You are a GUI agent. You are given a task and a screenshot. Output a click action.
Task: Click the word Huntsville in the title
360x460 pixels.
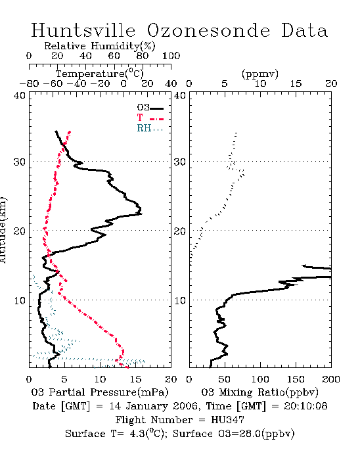pos(83,30)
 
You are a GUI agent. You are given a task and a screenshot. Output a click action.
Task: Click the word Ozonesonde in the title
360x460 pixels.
pos(208,30)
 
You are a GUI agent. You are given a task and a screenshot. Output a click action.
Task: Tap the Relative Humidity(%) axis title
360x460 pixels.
pos(99,46)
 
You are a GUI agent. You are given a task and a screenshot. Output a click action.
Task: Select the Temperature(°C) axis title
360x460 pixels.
pos(100,74)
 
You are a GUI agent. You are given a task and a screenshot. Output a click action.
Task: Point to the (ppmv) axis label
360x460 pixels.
pos(259,74)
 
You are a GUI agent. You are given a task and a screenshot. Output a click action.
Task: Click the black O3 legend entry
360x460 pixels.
pos(150,108)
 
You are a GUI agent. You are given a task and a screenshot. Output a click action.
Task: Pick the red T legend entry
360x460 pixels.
pos(150,118)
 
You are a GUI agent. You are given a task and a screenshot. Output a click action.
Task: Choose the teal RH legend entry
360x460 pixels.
pos(150,128)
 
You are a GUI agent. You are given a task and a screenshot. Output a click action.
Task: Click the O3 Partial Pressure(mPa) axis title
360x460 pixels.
pos(100,392)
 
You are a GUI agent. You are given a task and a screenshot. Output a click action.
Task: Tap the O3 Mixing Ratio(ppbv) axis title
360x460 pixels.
pos(259,392)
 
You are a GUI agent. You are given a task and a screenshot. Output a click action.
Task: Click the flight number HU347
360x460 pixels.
pos(227,420)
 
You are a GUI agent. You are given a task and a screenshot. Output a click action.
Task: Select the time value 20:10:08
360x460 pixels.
pos(305,406)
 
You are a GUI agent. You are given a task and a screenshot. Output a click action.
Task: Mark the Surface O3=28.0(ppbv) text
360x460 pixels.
pos(233,434)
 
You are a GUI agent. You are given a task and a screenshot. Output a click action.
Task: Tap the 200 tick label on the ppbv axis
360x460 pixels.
pos(331,379)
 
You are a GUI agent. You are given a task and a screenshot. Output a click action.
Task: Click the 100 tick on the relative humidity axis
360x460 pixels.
pos(171,56)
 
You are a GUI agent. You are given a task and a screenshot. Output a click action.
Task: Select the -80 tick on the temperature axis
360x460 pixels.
pos(30,83)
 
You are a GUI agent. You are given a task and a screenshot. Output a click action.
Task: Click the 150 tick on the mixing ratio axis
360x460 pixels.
pos(296,379)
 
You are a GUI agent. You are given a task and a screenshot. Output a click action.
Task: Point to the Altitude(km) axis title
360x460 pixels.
pos(3,230)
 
